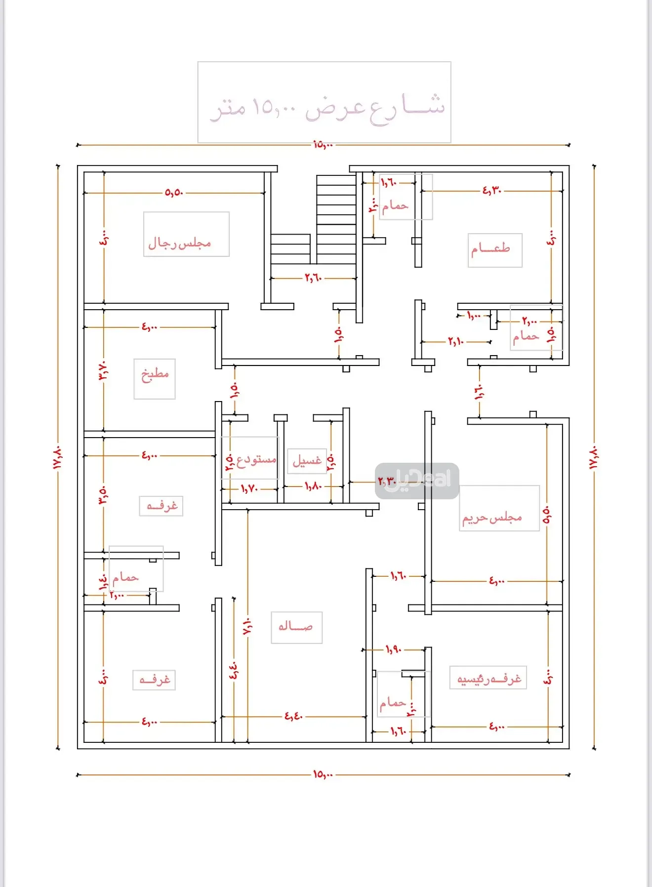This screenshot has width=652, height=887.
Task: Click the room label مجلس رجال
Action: tap(180, 242)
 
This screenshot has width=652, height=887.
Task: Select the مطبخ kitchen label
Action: tap(155, 374)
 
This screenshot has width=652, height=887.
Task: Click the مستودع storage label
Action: tap(255, 459)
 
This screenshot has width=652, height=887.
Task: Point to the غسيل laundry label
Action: tap(307, 460)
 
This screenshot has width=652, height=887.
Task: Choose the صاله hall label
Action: tap(296, 627)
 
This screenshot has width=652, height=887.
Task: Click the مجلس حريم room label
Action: tap(492, 518)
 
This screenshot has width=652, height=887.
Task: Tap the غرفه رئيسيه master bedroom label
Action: tap(489, 679)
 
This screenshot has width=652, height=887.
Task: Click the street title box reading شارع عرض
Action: tap(325, 103)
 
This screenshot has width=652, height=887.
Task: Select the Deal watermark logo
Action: tap(417, 481)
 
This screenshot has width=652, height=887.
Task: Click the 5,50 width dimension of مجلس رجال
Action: tap(174, 193)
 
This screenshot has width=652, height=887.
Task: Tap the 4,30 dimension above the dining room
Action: tap(492, 190)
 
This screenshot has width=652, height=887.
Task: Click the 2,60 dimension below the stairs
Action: tap(313, 278)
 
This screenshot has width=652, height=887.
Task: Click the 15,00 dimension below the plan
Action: tap(323, 774)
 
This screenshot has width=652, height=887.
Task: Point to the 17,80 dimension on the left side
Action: tap(57, 457)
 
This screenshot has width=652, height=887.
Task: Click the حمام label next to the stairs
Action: tap(395, 205)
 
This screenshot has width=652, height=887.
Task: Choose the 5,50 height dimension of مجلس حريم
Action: tap(547, 515)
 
